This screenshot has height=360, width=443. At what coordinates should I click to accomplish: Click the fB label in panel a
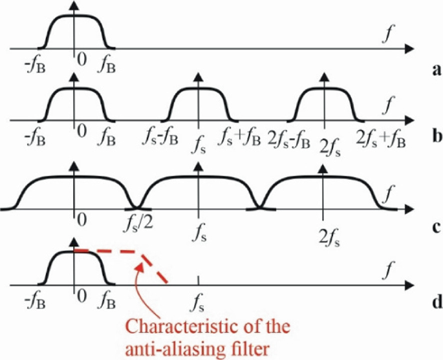tap(107, 65)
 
